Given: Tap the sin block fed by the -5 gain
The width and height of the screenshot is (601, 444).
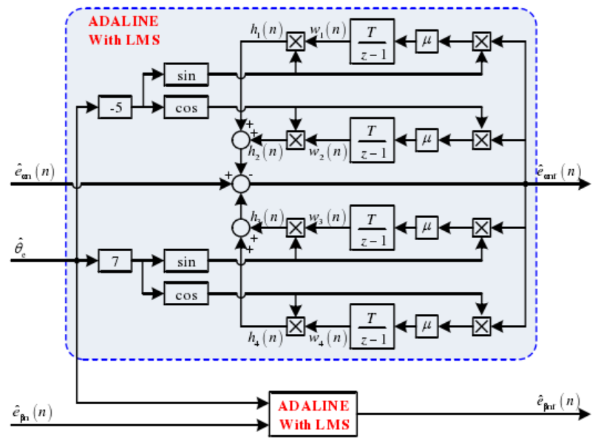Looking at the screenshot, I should pyautogui.click(x=186, y=75).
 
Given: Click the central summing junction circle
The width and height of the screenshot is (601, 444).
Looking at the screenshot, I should pyautogui.click(x=240, y=183).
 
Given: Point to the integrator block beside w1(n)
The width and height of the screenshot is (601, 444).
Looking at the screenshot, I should pyautogui.click(x=373, y=42).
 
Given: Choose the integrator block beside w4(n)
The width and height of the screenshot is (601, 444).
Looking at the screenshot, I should pyautogui.click(x=373, y=325).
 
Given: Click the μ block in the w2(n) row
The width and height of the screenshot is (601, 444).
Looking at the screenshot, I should pyautogui.click(x=426, y=139).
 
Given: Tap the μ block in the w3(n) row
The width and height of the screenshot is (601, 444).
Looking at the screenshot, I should pyautogui.click(x=426, y=228).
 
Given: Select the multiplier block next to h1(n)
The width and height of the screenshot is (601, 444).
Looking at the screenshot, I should pyautogui.click(x=296, y=42).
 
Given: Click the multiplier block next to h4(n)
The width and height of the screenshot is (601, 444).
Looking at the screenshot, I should pyautogui.click(x=296, y=325).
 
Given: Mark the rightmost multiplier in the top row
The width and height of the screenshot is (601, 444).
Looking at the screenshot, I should pyautogui.click(x=481, y=42).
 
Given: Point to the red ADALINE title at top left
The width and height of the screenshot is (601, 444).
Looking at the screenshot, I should pyautogui.click(x=123, y=31).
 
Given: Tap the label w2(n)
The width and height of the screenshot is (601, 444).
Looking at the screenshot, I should pyautogui.click(x=327, y=153).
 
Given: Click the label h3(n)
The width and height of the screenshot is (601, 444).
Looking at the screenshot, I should pyautogui.click(x=265, y=217).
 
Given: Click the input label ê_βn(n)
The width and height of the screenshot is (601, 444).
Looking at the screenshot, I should pyautogui.click(x=32, y=413).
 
